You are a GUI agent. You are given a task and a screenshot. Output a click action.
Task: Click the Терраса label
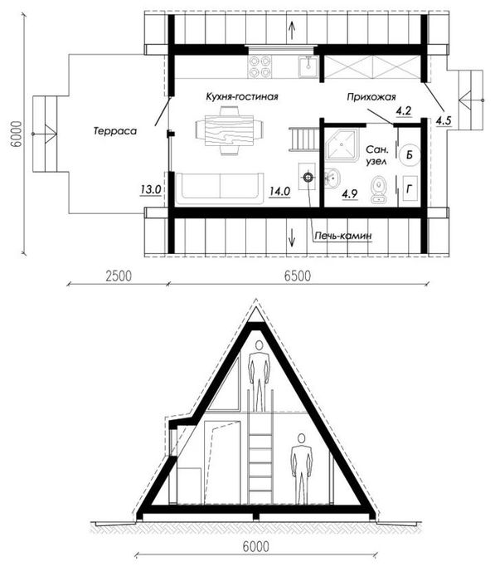[114, 131]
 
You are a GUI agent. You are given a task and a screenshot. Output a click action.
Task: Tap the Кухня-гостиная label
[242, 97]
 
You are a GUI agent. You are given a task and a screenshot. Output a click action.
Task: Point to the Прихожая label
[371, 97]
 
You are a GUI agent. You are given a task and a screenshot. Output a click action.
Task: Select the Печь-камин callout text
[343, 236]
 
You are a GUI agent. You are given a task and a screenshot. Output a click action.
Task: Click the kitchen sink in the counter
[308, 66]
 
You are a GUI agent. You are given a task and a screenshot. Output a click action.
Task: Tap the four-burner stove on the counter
[260, 66]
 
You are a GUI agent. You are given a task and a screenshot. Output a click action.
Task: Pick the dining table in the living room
[229, 130]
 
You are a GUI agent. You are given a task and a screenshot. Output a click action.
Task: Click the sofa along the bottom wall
[220, 188]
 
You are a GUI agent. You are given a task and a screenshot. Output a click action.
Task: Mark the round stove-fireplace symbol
[308, 178]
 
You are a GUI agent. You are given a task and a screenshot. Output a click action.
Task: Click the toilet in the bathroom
[378, 189]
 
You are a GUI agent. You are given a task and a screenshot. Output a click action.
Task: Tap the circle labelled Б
[410, 154]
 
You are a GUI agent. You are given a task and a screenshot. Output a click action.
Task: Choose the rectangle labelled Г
[410, 189]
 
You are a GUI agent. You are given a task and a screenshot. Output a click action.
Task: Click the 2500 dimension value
[119, 276]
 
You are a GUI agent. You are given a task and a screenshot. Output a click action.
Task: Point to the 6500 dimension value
[298, 276]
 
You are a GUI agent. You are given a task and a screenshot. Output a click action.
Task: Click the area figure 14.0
[280, 192]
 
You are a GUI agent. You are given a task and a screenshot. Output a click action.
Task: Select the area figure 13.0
[151, 189]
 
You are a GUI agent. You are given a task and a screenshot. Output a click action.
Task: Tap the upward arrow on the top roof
[292, 31]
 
